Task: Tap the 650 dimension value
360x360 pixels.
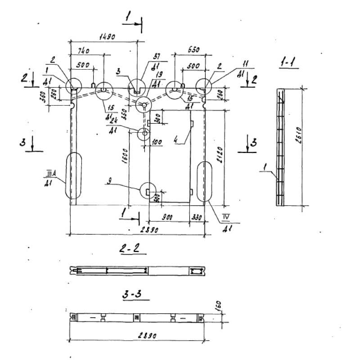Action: click(x=193, y=50)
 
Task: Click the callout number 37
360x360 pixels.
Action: click(x=156, y=57)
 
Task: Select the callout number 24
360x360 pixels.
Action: click(x=115, y=121)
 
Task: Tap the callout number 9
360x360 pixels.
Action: click(x=109, y=181)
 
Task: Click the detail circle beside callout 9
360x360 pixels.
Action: click(x=148, y=191)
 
